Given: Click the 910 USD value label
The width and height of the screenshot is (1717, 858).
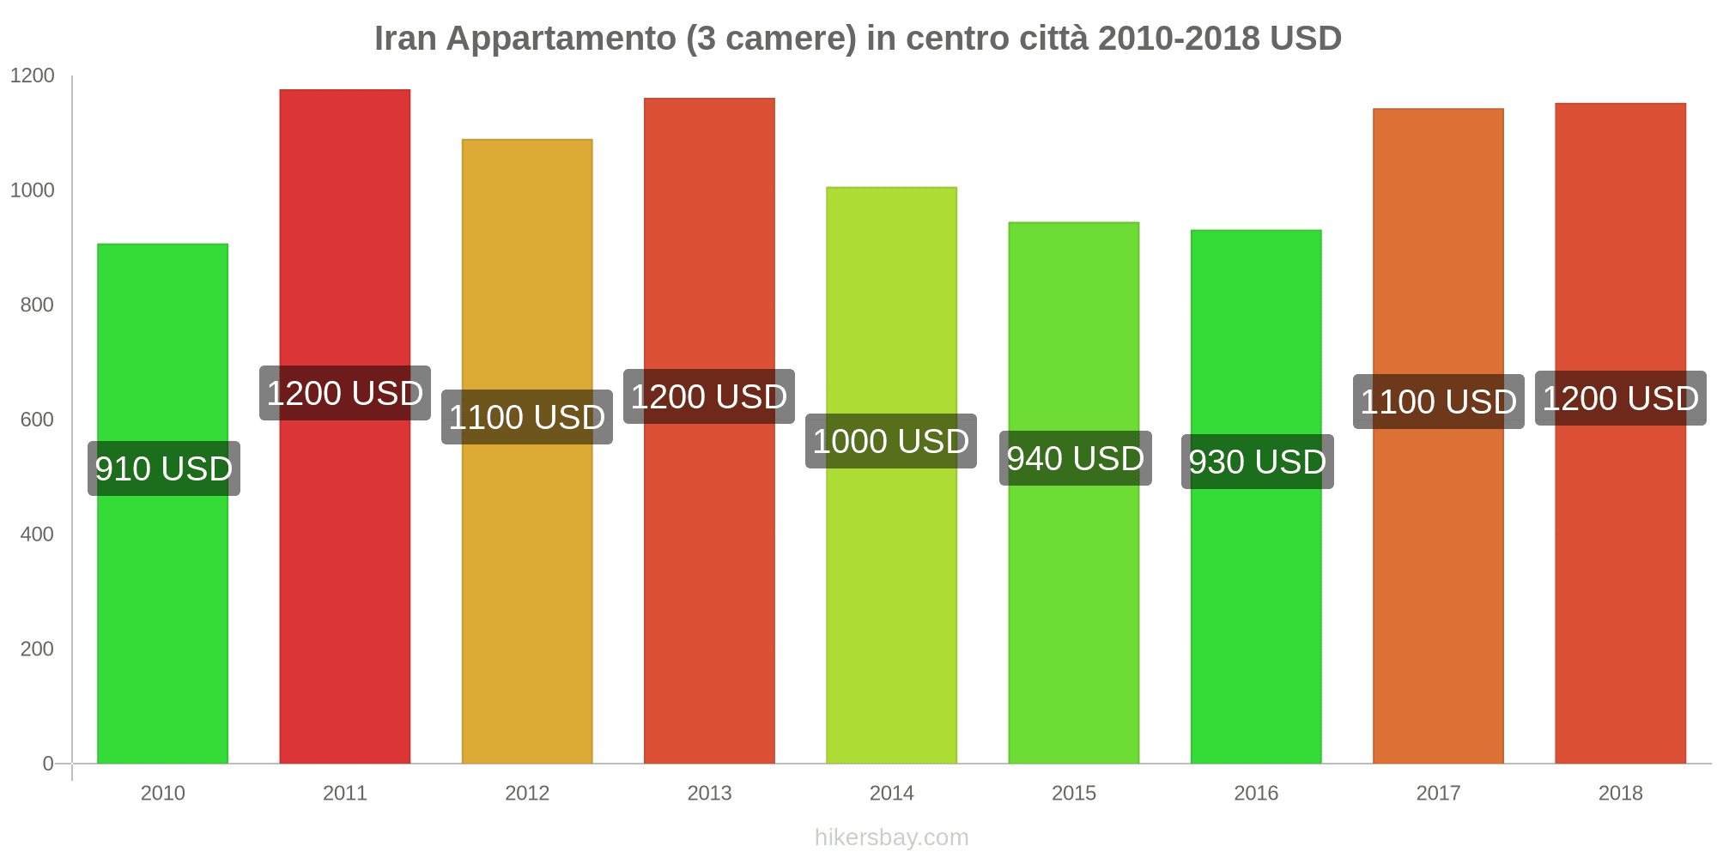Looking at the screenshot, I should click(163, 468).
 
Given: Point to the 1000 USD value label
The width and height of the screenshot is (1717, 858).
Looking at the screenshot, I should click(891, 441).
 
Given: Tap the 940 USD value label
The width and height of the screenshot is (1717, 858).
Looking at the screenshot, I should click(1075, 458).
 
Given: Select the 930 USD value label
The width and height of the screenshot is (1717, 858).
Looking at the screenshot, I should click(1257, 462).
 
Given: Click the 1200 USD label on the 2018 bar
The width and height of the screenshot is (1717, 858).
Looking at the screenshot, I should click(1620, 398).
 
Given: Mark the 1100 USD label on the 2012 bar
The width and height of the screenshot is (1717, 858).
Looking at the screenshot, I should click(527, 417).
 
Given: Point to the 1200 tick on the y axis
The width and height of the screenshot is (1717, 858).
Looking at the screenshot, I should click(33, 76).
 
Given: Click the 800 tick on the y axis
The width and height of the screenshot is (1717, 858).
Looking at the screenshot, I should click(37, 305).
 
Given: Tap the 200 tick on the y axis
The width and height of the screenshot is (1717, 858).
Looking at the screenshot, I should click(37, 649).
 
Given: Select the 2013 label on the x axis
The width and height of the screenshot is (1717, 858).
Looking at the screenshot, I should click(709, 793).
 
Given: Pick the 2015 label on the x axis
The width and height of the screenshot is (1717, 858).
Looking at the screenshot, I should click(1074, 793).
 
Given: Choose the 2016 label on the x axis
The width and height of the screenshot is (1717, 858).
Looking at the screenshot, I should click(1256, 793).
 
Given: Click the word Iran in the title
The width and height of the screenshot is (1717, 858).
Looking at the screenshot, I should click(405, 39).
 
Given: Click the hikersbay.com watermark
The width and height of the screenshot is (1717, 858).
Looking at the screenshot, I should click(891, 837).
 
